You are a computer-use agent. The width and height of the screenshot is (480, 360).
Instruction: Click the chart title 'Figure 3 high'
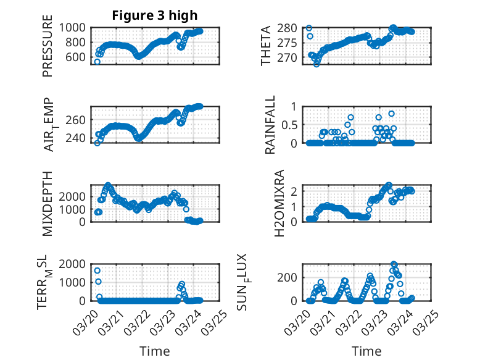click(155, 15)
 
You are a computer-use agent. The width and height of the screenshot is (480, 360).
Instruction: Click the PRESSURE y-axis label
click(48, 50)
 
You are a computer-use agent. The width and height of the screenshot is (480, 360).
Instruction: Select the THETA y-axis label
click(266, 46)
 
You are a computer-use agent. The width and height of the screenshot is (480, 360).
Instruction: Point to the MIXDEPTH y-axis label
click(48, 203)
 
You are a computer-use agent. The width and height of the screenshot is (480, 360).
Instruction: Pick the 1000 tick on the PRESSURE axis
click(75, 28)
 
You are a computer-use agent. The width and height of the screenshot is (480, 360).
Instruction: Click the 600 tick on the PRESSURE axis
click(78, 57)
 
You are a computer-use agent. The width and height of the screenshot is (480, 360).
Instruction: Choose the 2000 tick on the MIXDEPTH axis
click(75, 196)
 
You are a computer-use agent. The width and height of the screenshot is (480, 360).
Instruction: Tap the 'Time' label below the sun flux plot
click(366, 351)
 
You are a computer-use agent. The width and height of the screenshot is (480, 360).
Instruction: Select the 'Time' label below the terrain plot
click(155, 351)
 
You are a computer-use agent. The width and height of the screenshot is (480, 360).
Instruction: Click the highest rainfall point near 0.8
click(391, 114)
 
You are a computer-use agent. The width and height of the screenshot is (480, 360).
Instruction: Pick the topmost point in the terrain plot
click(97, 270)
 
